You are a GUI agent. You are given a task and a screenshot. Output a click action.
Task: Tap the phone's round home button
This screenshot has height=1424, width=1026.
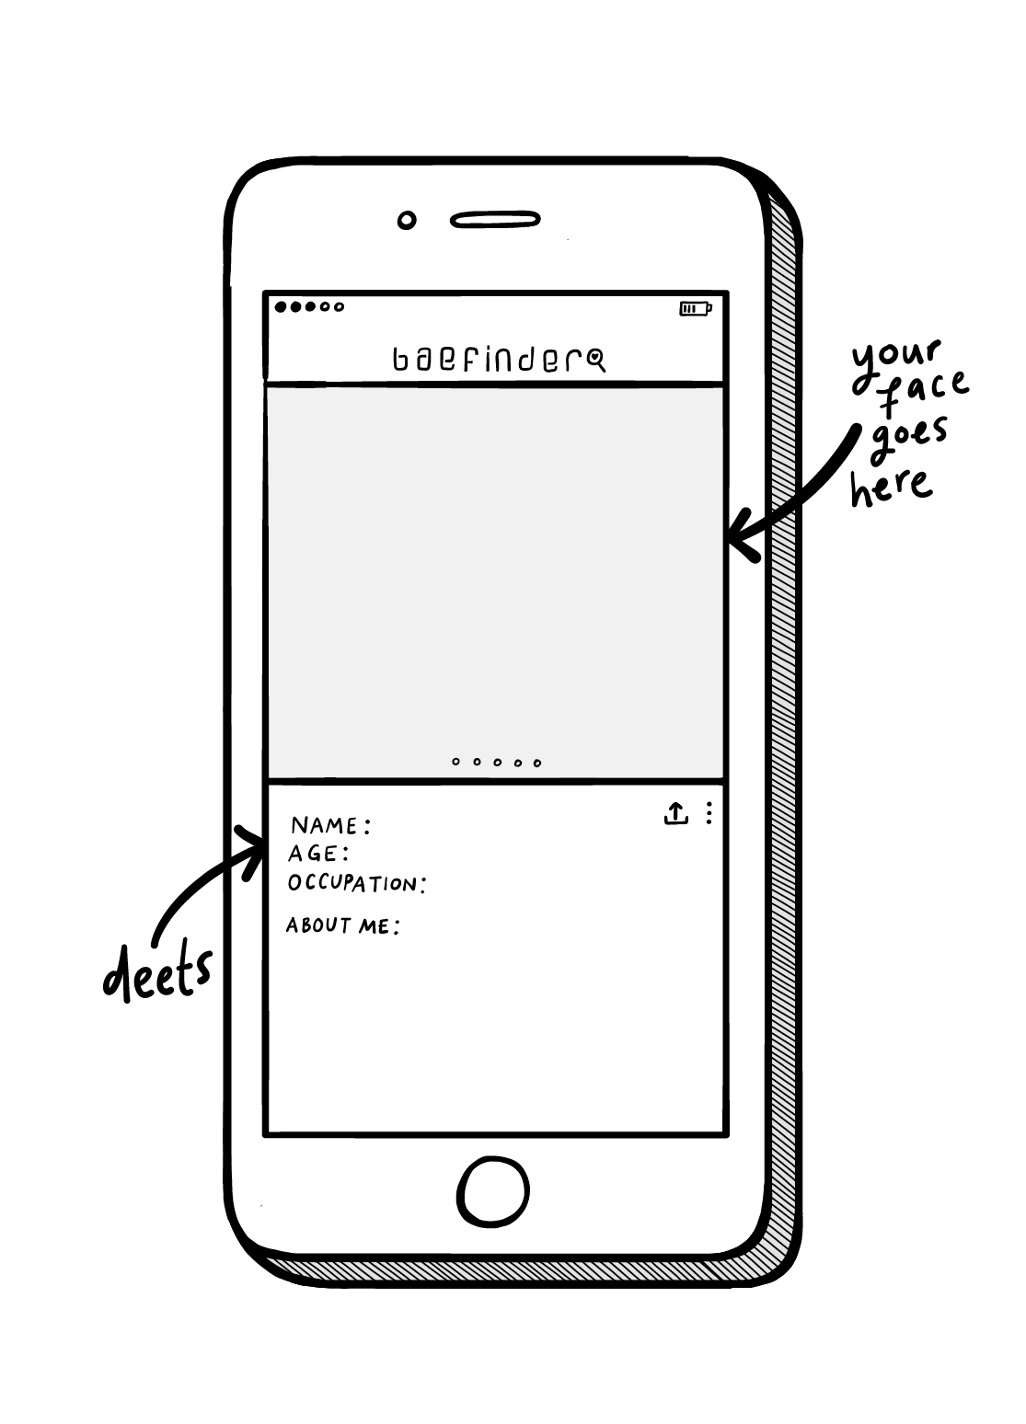pyautogui.click(x=493, y=1192)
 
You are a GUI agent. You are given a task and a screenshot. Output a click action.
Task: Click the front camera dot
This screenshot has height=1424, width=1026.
pyautogui.click(x=406, y=221)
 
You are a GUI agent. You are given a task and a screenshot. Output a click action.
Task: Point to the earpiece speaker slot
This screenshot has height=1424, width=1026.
pyautogui.click(x=494, y=221)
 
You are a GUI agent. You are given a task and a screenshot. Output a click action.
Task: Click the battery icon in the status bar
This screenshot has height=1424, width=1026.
pyautogui.click(x=695, y=308)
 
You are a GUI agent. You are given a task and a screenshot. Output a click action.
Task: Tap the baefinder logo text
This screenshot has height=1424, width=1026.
pyautogui.click(x=488, y=361)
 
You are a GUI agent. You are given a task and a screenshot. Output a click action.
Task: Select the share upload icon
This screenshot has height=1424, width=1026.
pyautogui.click(x=675, y=813)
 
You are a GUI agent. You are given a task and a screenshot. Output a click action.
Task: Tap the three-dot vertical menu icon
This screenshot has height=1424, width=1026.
pyautogui.click(x=709, y=813)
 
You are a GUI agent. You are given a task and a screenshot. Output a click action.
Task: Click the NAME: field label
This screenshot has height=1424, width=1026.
pyautogui.click(x=330, y=825)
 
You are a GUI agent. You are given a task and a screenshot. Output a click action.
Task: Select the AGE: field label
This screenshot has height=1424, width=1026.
pyautogui.click(x=317, y=854)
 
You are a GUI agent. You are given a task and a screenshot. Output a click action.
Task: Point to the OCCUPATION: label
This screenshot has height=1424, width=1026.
pyautogui.click(x=357, y=884)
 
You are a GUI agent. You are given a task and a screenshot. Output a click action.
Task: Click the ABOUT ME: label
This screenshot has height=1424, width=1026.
pyautogui.click(x=342, y=925)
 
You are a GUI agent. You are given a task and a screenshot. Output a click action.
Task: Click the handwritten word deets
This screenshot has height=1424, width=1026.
pyautogui.click(x=157, y=973)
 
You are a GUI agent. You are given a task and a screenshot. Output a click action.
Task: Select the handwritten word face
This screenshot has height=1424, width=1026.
pyautogui.click(x=923, y=393)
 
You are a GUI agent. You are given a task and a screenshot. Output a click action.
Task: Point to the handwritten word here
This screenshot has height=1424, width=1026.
pyautogui.click(x=891, y=485)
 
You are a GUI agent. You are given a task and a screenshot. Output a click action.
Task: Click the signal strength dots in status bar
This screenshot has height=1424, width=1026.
pyautogui.click(x=309, y=307)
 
